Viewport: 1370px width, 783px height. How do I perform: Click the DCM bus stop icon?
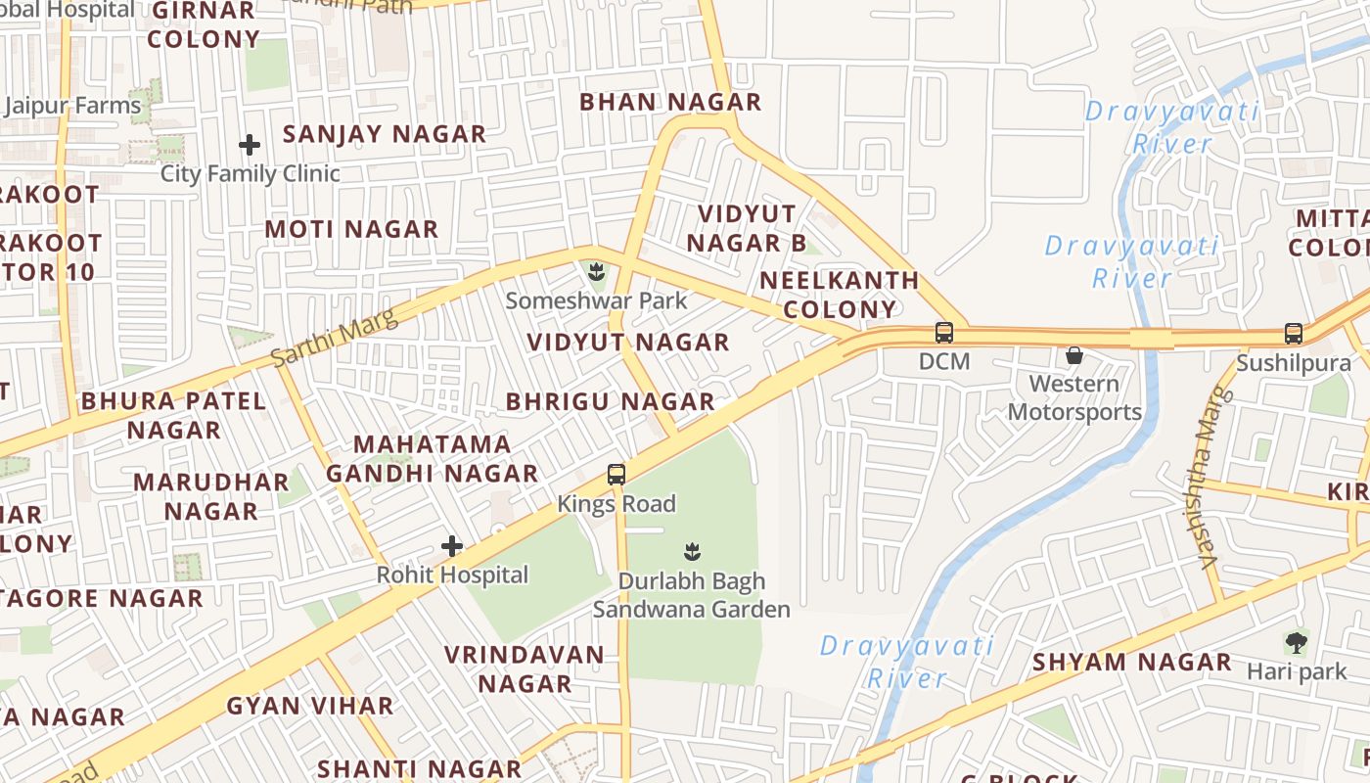click(943, 333)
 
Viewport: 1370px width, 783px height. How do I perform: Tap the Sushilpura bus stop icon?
click(1294, 334)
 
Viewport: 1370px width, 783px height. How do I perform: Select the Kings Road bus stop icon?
click(616, 475)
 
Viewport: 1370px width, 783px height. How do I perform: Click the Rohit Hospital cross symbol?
click(452, 546)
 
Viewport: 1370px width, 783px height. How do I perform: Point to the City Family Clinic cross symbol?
click(250, 146)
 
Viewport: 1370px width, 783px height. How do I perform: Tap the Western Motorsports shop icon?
click(1074, 355)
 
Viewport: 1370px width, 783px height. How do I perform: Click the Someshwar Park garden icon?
click(596, 271)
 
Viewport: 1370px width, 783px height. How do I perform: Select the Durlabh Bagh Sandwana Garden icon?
click(692, 551)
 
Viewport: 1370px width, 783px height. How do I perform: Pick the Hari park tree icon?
click(1297, 643)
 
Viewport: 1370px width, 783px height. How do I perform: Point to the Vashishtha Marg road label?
click(1210, 479)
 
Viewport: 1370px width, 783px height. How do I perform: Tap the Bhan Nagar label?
click(670, 102)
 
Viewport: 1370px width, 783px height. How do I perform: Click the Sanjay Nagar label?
click(385, 134)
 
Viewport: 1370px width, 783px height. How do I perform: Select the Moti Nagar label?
click(351, 229)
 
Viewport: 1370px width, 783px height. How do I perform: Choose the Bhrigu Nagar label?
click(611, 401)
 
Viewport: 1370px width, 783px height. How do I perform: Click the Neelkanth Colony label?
click(840, 295)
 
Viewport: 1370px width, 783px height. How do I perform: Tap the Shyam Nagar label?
click(1132, 662)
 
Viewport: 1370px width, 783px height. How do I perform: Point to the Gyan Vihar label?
click(310, 705)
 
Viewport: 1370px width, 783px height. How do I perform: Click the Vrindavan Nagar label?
click(525, 668)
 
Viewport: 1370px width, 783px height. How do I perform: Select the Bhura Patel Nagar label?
click(173, 415)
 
